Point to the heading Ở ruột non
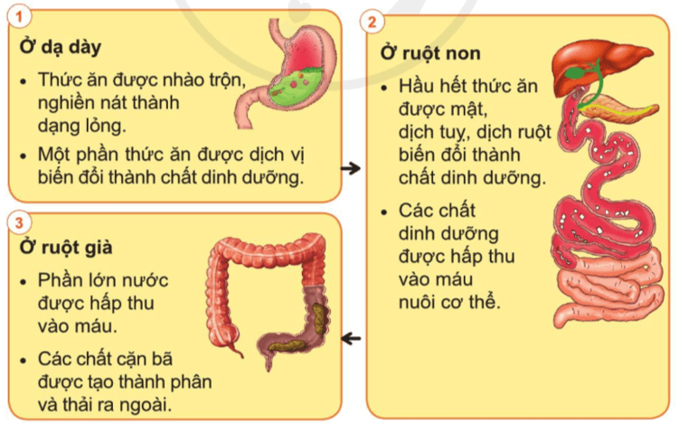point(430,54)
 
